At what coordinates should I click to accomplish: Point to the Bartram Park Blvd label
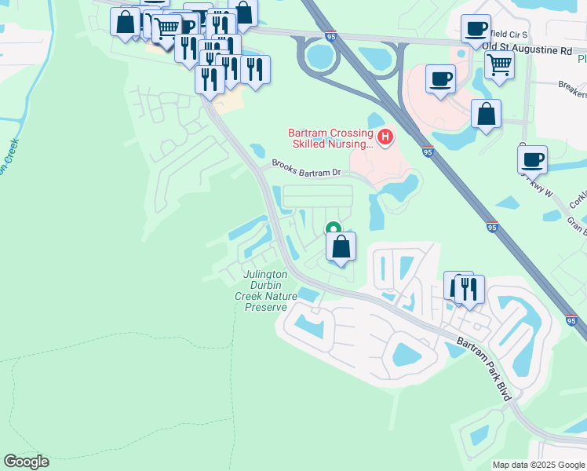pyautogui.click(x=487, y=365)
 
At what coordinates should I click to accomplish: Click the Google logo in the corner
pyautogui.click(x=26, y=462)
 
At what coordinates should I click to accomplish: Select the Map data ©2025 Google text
pyautogui.click(x=538, y=465)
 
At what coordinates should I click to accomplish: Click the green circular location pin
pyautogui.click(x=333, y=229)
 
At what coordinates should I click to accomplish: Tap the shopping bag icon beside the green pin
pyautogui.click(x=341, y=247)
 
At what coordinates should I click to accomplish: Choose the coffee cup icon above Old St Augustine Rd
pyautogui.click(x=476, y=29)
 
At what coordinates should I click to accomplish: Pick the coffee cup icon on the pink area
pyautogui.click(x=440, y=78)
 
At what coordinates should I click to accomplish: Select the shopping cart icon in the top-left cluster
pyautogui.click(x=166, y=28)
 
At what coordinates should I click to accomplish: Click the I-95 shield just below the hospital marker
pyautogui.click(x=426, y=152)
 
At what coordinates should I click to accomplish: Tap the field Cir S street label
pyautogui.click(x=510, y=34)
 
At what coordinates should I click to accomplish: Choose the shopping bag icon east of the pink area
pyautogui.click(x=487, y=114)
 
